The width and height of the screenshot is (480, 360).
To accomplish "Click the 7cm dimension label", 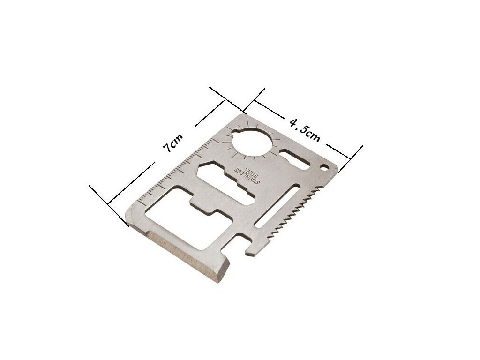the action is coord(173,143).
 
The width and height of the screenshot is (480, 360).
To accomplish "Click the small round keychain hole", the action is coord(324,167).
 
